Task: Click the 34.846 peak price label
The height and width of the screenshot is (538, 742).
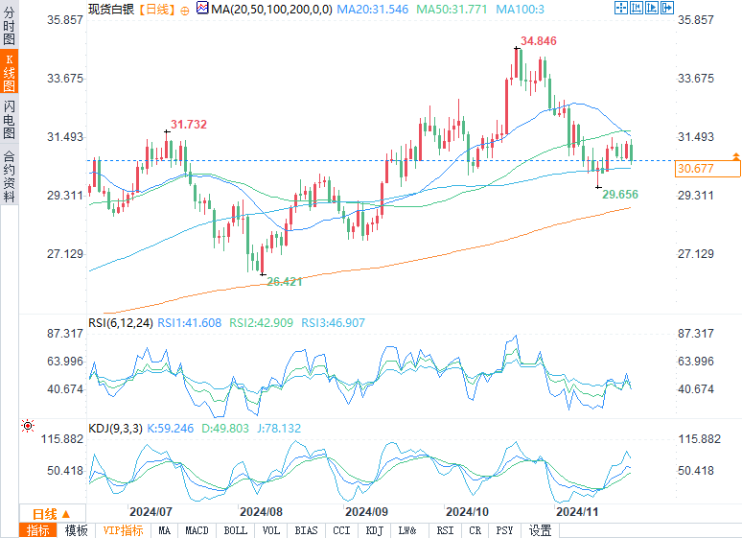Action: point(539,41)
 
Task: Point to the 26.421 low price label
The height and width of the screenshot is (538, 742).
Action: point(285,282)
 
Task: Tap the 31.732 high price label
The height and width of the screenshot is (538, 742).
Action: point(189,125)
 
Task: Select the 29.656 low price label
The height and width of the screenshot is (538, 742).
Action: point(620,194)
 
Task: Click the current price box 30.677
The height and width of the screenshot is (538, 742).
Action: point(707,169)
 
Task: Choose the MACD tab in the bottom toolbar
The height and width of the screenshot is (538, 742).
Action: point(197,530)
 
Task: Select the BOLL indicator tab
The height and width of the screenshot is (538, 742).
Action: point(235,530)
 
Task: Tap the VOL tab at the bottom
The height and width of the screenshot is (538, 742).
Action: point(271,530)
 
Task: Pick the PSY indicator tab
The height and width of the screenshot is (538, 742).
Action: point(505,530)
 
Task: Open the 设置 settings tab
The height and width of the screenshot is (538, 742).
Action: point(541,530)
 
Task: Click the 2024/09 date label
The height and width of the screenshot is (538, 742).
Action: point(367,511)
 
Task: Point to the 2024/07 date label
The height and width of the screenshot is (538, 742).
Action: point(150,511)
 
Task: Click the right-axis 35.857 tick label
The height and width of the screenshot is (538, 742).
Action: point(696,20)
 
